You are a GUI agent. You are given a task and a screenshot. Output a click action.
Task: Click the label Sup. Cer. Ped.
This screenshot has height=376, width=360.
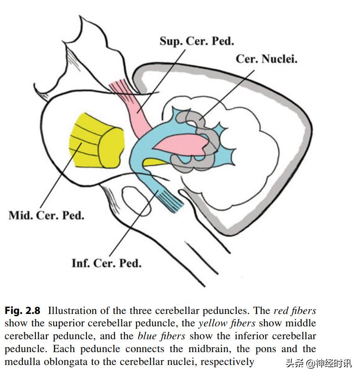tap(196, 41)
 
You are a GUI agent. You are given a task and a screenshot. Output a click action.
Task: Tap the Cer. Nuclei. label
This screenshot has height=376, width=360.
tap(266, 59)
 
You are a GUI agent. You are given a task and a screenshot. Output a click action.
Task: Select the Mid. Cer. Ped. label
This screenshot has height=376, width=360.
tap(46, 215)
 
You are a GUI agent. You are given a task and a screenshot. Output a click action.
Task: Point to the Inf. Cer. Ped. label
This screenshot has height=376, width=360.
tap(106, 263)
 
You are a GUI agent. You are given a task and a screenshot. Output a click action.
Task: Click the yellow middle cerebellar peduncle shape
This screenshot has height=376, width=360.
tap(95, 140)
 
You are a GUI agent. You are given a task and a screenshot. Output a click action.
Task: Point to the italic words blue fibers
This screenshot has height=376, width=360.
tap(161, 336)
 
